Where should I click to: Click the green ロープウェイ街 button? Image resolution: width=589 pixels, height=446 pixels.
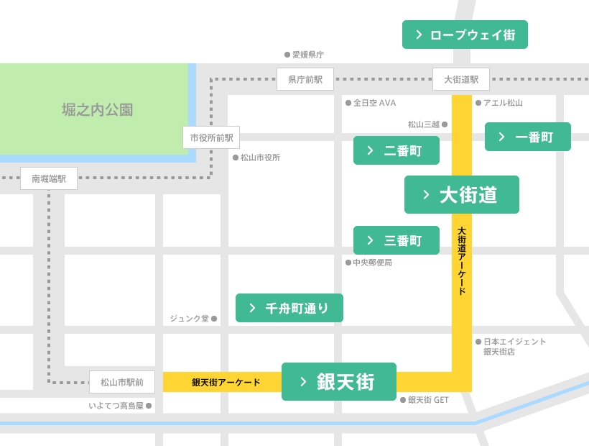pyautogui.click(x=465, y=35)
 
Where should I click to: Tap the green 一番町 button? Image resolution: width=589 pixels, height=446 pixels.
pyautogui.click(x=527, y=137)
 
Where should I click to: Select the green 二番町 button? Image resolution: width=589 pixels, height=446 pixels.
pyautogui.click(x=396, y=150)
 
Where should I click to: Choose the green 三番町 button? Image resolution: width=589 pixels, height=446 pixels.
pyautogui.click(x=396, y=240)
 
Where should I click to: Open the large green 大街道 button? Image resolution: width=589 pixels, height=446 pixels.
pyautogui.click(x=461, y=194)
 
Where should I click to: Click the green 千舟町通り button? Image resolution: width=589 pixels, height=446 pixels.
pyautogui.click(x=289, y=308)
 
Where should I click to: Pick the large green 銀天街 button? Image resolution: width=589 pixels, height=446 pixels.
pyautogui.click(x=338, y=381)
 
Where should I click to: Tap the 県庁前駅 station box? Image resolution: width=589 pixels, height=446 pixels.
pyautogui.click(x=305, y=79)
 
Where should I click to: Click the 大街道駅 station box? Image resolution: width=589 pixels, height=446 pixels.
pyautogui.click(x=460, y=79)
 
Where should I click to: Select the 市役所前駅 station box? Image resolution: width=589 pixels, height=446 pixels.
pyautogui.click(x=211, y=137)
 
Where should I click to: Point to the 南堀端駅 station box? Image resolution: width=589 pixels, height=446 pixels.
pyautogui.click(x=49, y=178)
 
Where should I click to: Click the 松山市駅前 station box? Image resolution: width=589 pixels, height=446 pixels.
pyautogui.click(x=122, y=382)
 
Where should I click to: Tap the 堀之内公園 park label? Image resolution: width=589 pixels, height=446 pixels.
pyautogui.click(x=98, y=110)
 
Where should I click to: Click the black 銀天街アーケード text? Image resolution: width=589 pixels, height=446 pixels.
pyautogui.click(x=226, y=383)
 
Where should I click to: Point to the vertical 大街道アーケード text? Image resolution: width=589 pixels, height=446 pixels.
pyautogui.click(x=462, y=261)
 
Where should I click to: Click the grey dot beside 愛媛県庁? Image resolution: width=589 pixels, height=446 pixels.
pyautogui.click(x=287, y=55)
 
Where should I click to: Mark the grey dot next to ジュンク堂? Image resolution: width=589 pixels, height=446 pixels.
pyautogui.click(x=214, y=319)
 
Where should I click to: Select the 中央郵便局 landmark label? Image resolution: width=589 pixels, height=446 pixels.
pyautogui.click(x=372, y=263)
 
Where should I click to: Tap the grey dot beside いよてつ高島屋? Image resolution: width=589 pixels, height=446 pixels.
pyautogui.click(x=149, y=406)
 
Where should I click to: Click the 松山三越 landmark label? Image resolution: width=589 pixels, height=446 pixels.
pyautogui.click(x=423, y=124)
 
